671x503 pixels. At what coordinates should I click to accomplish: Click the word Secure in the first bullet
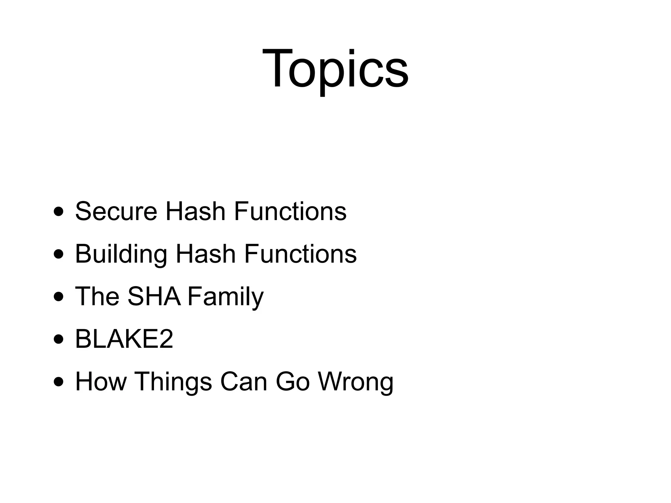point(116,211)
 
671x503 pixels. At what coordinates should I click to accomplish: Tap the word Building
point(121,254)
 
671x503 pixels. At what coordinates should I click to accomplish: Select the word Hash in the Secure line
point(196,211)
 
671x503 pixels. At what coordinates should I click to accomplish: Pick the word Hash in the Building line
point(206,254)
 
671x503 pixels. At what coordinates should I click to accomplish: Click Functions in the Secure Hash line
point(290,211)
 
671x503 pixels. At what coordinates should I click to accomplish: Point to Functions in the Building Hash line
point(300,254)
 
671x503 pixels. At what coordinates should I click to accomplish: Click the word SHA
point(154,296)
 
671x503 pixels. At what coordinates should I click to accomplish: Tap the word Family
point(225,296)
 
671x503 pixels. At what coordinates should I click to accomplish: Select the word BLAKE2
point(124,339)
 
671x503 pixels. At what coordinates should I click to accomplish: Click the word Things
point(173,382)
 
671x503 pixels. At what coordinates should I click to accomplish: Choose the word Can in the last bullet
point(244,382)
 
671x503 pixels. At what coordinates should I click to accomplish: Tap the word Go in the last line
point(293,382)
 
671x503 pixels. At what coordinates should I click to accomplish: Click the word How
point(101,382)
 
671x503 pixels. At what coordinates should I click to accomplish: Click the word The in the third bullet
point(97,296)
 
